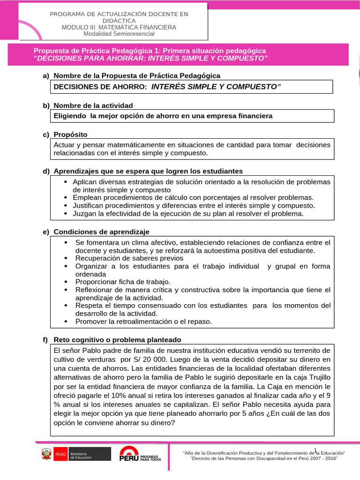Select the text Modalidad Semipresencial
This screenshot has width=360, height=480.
click(119, 33)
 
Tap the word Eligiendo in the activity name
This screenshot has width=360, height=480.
click(70, 115)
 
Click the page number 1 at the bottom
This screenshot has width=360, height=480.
click(316, 450)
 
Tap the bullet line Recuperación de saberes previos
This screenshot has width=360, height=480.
click(122, 258)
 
